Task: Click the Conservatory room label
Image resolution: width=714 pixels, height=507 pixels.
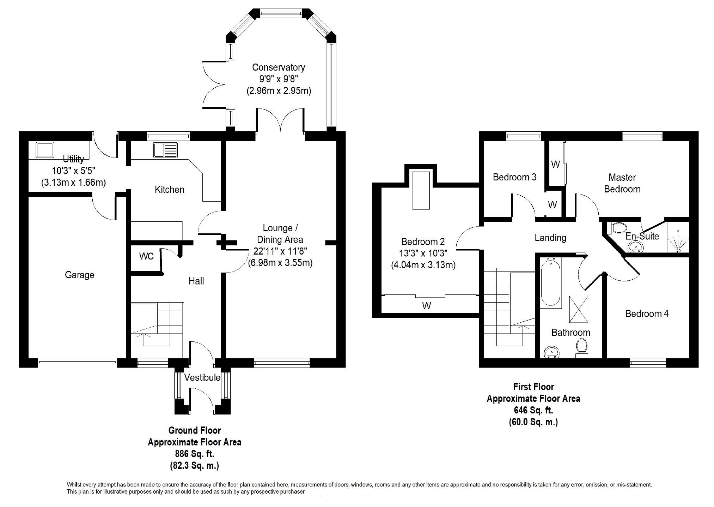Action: coord(278,67)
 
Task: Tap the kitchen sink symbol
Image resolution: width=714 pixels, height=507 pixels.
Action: coord(165,150)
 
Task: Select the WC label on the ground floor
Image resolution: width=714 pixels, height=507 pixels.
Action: coord(146,256)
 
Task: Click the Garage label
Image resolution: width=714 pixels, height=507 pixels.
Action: coord(79,275)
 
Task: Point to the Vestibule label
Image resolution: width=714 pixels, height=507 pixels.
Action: coord(202,377)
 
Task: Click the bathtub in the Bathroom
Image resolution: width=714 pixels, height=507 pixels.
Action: coord(550,282)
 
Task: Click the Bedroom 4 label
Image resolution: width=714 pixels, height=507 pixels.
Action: coord(647,314)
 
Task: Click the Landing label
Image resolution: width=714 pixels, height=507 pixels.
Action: coord(550,238)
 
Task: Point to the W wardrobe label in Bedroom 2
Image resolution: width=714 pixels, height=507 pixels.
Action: coord(426,306)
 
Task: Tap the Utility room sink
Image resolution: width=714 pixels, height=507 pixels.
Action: coord(44,150)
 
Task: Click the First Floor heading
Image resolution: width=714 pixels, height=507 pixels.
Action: coord(533,387)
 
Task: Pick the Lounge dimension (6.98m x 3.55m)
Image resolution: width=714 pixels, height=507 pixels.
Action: coord(280,263)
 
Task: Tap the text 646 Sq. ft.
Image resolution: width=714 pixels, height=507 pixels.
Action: coord(533,410)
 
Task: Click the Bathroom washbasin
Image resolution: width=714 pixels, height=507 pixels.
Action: coord(551,352)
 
